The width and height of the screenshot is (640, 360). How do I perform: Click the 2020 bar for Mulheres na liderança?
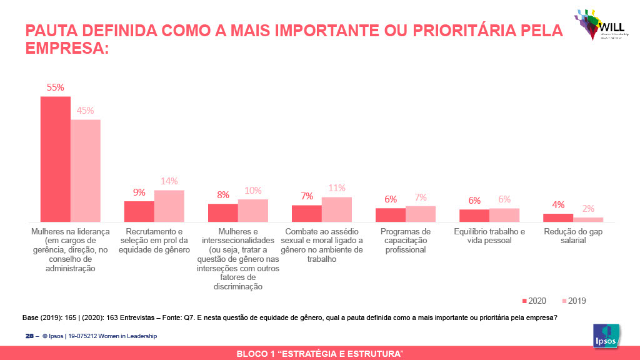tap(56, 159)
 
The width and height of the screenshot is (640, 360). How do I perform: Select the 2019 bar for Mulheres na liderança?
tap(86, 171)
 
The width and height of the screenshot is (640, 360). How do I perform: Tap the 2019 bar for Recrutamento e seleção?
tap(169, 206)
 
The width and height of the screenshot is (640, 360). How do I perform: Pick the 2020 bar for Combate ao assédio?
tap(307, 213)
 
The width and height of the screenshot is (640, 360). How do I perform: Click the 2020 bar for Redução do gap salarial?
tap(558, 217)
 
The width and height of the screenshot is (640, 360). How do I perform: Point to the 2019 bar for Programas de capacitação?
tap(421, 214)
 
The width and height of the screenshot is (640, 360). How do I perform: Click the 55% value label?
tap(56, 87)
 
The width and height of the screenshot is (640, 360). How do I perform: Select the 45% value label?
tap(86, 111)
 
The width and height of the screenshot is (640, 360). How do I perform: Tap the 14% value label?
tap(169, 181)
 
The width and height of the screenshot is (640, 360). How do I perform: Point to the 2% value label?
tap(588, 209)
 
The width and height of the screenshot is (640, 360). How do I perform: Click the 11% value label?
tap(337, 188)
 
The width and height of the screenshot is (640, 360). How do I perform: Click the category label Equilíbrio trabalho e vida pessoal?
tap(489, 236)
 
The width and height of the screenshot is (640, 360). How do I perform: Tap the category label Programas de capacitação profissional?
tap(406, 241)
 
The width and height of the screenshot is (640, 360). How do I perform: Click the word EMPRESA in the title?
tap(66, 48)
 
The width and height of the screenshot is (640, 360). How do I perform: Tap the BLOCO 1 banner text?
tap(319, 354)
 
